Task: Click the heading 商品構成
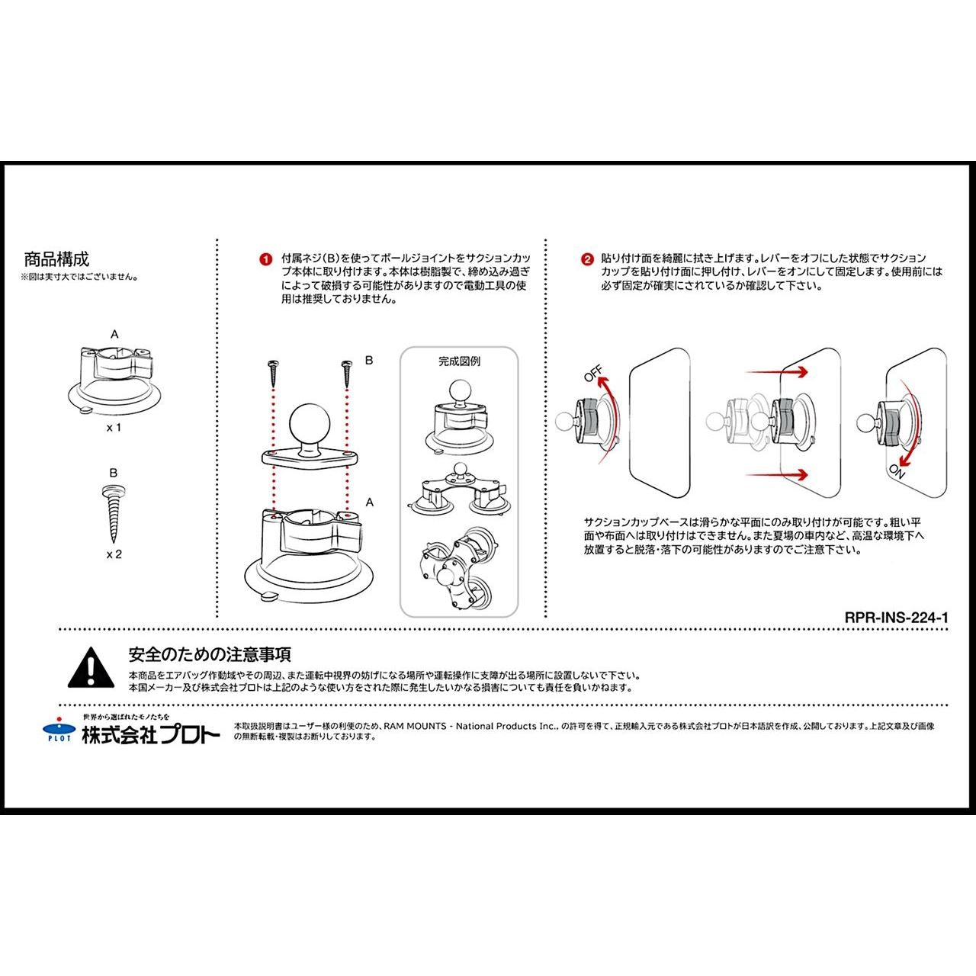coord(56,259)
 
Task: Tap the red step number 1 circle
coord(266,260)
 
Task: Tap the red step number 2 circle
coord(587,260)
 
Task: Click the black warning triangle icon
coord(91,667)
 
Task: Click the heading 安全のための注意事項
coord(210,654)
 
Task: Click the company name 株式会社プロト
coord(151,735)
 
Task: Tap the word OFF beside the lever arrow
coord(594,374)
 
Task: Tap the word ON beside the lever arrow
coord(897,471)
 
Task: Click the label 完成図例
coord(459,361)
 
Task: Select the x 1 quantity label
coord(114,428)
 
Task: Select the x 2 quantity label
coord(114,554)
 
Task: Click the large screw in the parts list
coord(114,512)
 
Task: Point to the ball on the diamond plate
coord(310,423)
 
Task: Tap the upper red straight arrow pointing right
coord(776,372)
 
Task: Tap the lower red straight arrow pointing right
coord(776,474)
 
